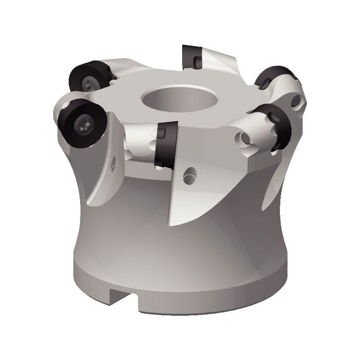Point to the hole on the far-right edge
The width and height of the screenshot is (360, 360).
298,101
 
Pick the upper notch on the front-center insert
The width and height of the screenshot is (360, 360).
161,133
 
